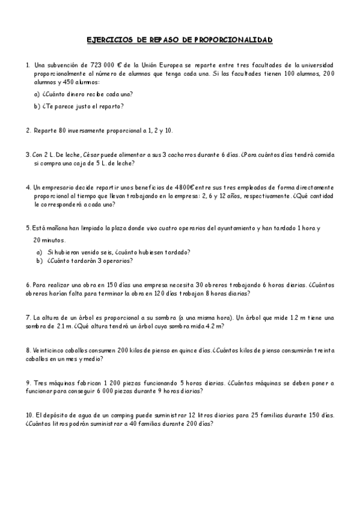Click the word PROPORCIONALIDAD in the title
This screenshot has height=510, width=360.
tap(233, 40)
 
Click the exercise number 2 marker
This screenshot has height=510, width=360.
tap(28, 130)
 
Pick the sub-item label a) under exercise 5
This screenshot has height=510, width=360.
tap(39, 252)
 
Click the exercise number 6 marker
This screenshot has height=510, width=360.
tap(28, 285)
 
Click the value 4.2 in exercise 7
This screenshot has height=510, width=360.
tap(206, 326)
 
